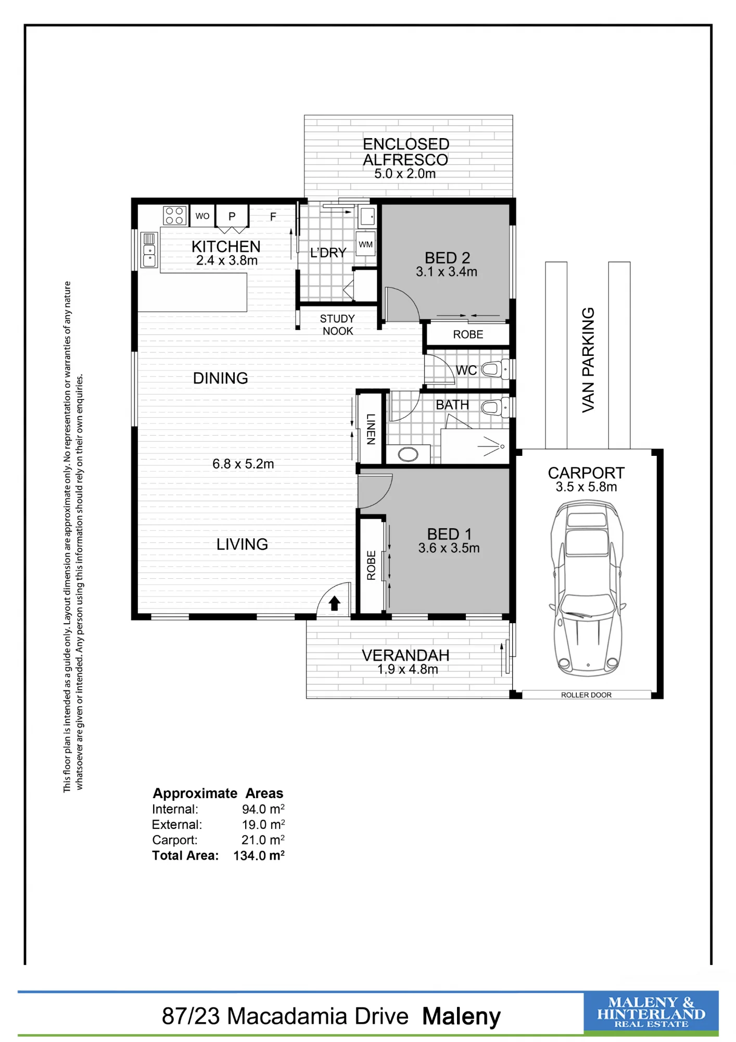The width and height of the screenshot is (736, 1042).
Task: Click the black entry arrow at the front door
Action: [334, 603]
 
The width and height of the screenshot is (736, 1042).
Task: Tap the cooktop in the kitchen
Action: [174, 215]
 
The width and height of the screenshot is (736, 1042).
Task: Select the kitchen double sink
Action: [149, 250]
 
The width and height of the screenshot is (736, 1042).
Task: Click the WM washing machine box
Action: [366, 244]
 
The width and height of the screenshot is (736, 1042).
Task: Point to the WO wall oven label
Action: [202, 216]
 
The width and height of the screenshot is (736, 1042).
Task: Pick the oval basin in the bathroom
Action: [408, 454]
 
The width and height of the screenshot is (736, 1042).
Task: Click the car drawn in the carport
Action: [587, 588]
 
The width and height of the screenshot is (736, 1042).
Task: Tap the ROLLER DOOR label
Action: [586, 695]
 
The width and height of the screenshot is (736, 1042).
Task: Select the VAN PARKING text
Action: [588, 360]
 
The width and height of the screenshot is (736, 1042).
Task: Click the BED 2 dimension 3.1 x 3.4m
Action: [447, 271]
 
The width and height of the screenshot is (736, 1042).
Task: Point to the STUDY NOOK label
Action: [337, 325]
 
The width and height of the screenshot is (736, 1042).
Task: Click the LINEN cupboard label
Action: [371, 429]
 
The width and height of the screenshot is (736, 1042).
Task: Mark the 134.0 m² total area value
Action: [259, 855]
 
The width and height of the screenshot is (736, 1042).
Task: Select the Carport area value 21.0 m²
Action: [263, 840]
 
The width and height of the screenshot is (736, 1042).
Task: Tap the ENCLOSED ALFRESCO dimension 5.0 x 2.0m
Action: [405, 173]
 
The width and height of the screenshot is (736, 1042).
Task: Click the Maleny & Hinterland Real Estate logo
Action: [651, 1013]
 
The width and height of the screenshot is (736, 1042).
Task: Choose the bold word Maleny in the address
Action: [461, 1016]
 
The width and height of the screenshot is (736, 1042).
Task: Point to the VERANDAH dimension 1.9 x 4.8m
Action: [408, 669]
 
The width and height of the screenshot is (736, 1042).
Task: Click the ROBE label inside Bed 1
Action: [371, 565]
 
